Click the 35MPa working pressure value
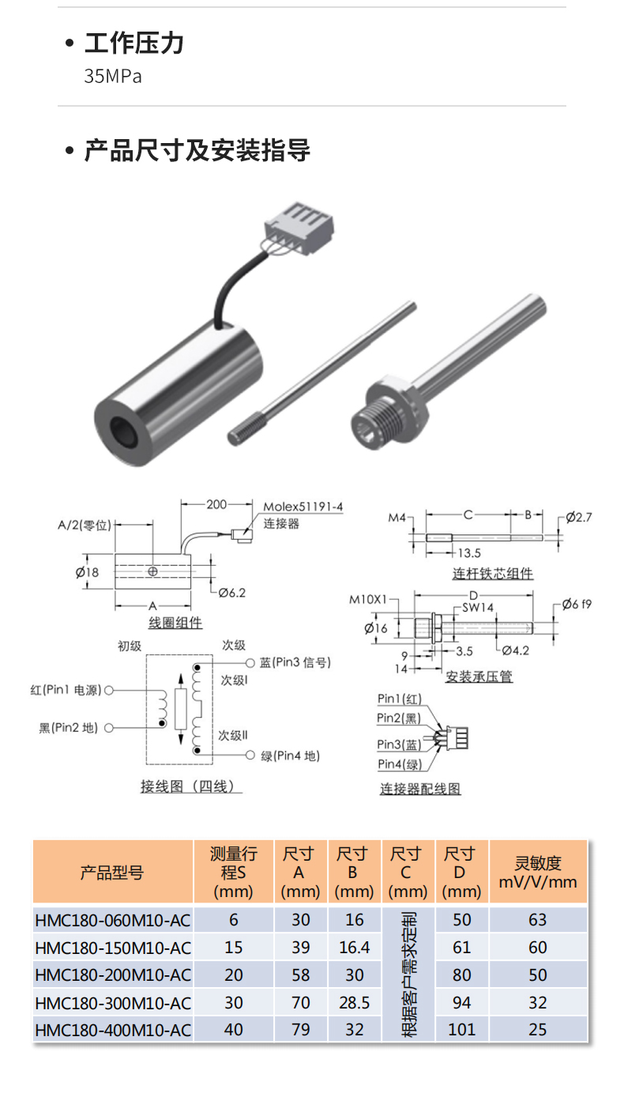(113, 77)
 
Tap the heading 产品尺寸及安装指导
(197, 150)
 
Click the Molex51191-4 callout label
(303, 507)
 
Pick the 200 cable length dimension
(216, 503)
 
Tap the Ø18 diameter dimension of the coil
(88, 572)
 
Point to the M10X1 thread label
(370, 599)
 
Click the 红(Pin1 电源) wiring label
(66, 690)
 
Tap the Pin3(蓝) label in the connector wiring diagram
(399, 745)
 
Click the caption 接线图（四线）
(190, 786)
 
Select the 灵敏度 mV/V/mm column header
(538, 873)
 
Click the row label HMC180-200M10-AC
(113, 974)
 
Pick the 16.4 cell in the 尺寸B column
(354, 948)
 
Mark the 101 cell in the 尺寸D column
(462, 1030)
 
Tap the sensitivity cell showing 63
(538, 920)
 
